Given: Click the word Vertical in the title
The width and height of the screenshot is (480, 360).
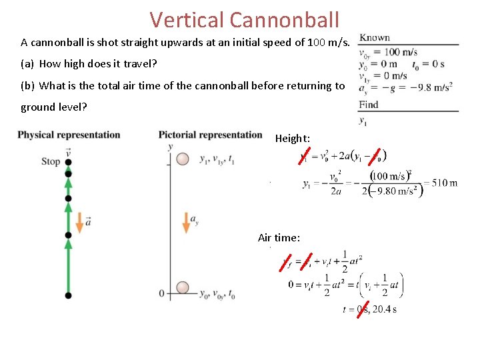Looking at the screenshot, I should [186, 19].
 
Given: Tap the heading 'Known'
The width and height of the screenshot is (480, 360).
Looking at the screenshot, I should [374, 37].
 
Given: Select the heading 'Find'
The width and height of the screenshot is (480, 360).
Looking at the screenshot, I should [368, 104].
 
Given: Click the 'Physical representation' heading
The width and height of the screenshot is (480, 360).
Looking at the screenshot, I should [69, 135].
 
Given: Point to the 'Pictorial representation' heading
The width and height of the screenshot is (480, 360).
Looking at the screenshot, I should [210, 135].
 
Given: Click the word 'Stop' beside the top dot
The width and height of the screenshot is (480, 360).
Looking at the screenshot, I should [51, 161].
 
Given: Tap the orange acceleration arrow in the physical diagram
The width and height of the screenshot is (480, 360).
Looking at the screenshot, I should [79, 222].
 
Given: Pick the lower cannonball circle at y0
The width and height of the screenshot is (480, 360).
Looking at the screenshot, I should [183, 289].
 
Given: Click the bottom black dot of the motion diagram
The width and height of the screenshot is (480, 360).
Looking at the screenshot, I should [68, 295].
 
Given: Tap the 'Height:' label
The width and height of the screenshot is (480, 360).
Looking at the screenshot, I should [292, 139].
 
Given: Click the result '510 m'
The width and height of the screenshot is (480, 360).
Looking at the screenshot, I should [444, 183].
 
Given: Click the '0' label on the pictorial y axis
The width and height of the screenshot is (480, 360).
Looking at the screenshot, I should [162, 293].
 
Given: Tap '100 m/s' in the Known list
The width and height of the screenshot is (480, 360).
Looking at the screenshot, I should [401, 52].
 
